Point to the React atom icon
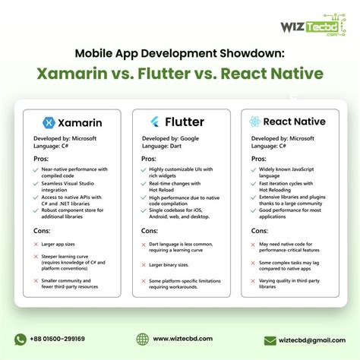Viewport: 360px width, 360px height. [x=256, y=122]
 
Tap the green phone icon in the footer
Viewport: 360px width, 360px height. [x=21, y=339]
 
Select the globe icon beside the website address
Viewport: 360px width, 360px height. [x=142, y=339]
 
